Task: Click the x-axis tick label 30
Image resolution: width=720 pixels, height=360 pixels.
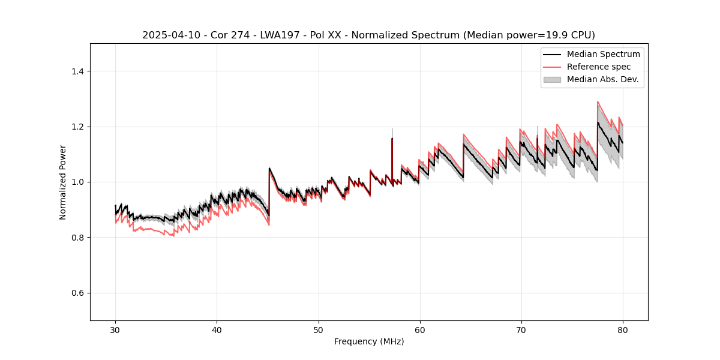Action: (115, 329)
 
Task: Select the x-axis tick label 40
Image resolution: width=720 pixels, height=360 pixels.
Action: (217, 329)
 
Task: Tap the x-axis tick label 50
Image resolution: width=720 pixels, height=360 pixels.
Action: (318, 329)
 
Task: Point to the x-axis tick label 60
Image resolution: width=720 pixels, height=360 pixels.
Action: (419, 329)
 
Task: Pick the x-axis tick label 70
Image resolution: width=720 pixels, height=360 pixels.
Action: (521, 329)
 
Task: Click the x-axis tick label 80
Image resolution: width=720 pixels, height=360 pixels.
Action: (622, 329)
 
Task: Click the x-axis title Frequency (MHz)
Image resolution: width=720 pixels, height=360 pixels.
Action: (369, 341)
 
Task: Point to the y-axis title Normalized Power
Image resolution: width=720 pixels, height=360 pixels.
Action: (63, 182)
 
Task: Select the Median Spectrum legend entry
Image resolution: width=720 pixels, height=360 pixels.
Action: (603, 54)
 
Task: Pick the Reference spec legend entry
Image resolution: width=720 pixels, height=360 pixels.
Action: (599, 67)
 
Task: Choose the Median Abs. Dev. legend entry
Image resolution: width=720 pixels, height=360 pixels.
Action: (602, 79)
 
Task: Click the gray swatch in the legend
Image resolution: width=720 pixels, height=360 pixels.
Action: (552, 79)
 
